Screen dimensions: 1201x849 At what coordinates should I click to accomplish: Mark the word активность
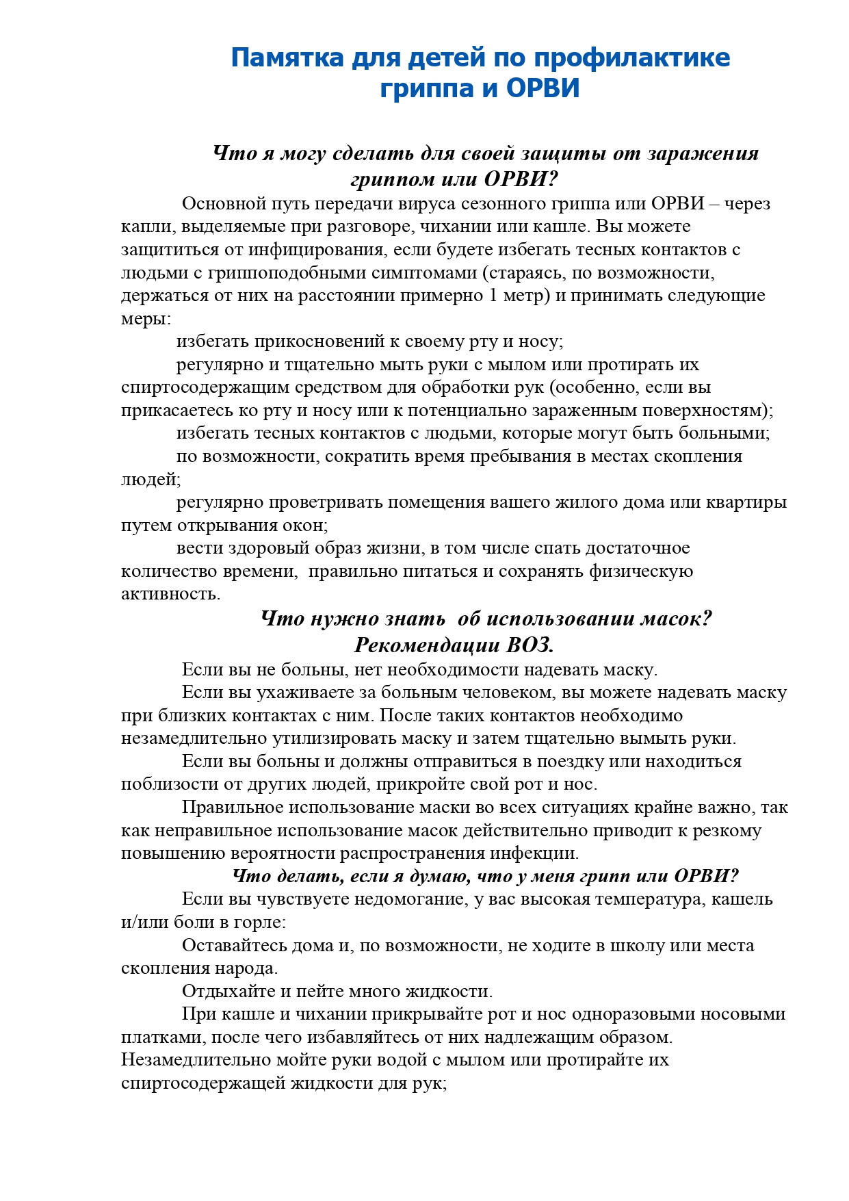[170, 594]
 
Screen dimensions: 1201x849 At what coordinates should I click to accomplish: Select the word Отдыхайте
[229, 992]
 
